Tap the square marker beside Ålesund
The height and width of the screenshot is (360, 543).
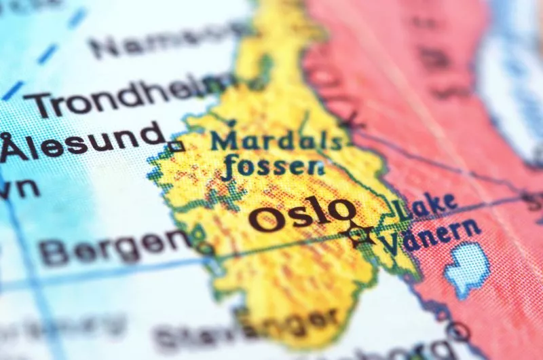[176, 145]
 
